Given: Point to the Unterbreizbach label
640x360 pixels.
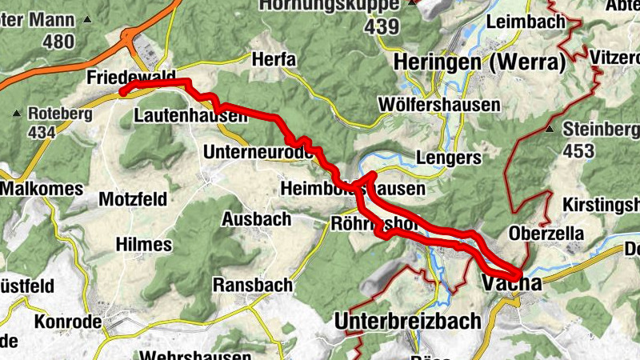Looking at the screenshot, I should [x=408, y=321].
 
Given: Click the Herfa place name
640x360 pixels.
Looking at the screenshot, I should [x=274, y=59].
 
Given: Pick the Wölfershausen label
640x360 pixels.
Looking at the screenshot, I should [x=440, y=105].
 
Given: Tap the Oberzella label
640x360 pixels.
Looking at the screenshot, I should [x=546, y=233].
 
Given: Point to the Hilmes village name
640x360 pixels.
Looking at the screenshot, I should [x=143, y=244].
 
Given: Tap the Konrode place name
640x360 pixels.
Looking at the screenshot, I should [x=68, y=322].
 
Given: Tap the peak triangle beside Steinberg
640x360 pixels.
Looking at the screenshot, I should [x=550, y=129].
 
